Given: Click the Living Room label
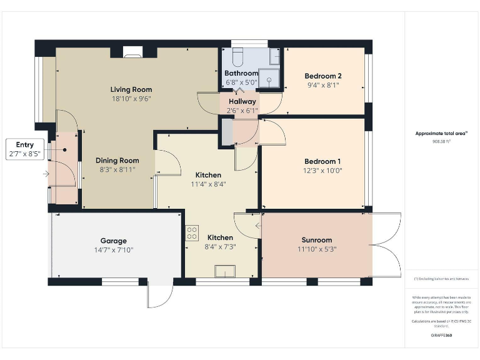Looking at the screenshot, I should [131, 89].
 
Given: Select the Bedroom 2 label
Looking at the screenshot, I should [322, 76].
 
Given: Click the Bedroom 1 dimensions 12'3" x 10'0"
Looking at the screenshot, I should [322, 171].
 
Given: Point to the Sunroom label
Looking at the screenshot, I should [316, 240].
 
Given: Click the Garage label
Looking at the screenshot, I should [114, 241].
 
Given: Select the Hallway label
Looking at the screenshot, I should [242, 101].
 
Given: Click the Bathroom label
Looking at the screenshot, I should [241, 73].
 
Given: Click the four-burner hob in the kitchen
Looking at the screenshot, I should [191, 233].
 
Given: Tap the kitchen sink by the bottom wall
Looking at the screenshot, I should [223, 271].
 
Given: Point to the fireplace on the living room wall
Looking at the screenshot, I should [132, 52].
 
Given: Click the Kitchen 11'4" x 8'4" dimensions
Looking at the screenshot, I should [208, 184].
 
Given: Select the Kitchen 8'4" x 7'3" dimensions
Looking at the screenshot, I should [220, 247].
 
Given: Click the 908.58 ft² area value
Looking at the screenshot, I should [441, 142].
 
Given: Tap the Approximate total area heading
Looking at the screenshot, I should [441, 133].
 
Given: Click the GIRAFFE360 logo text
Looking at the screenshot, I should [441, 336].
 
